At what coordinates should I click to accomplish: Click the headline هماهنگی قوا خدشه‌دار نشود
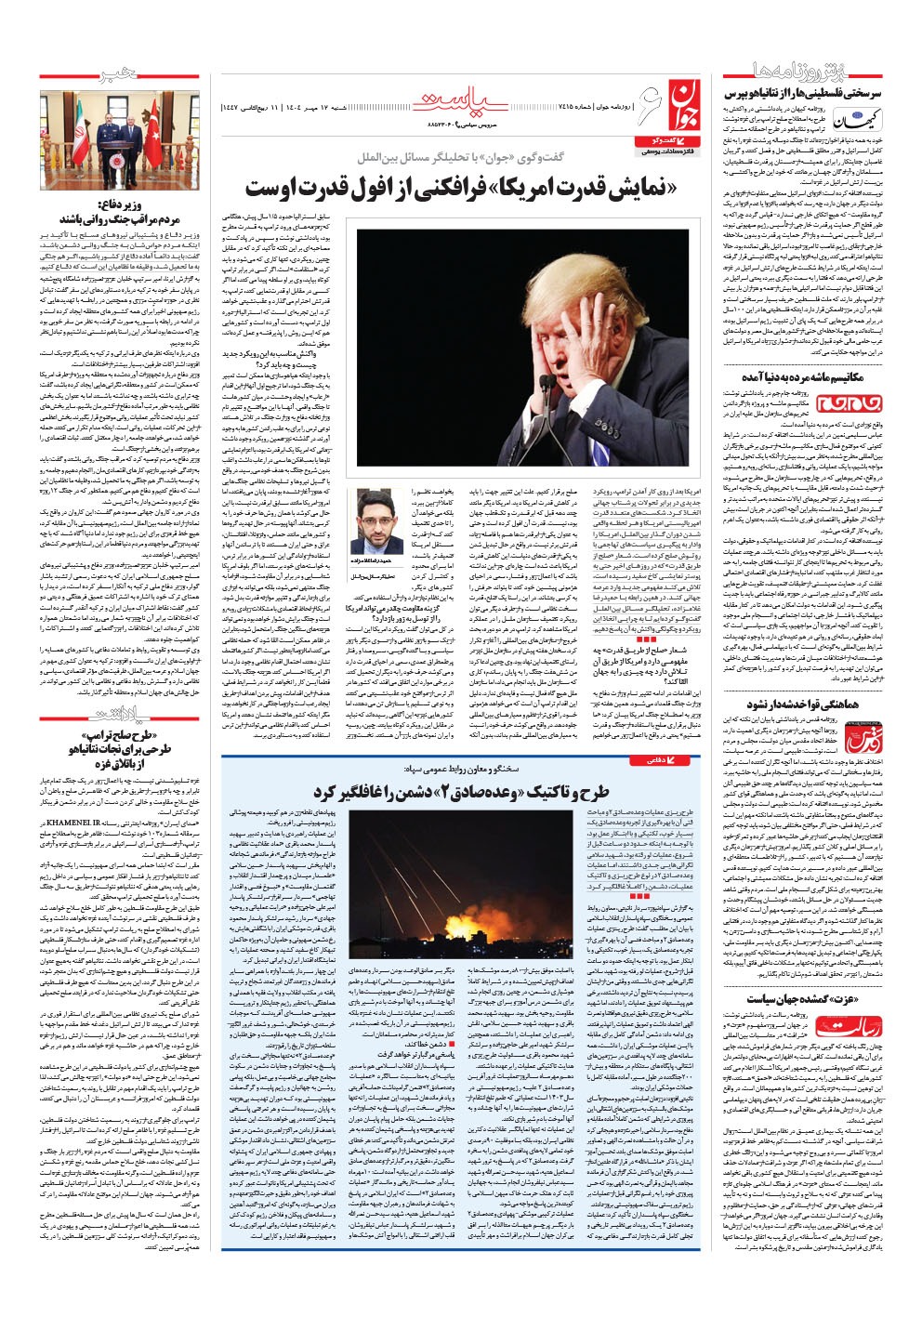818,704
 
